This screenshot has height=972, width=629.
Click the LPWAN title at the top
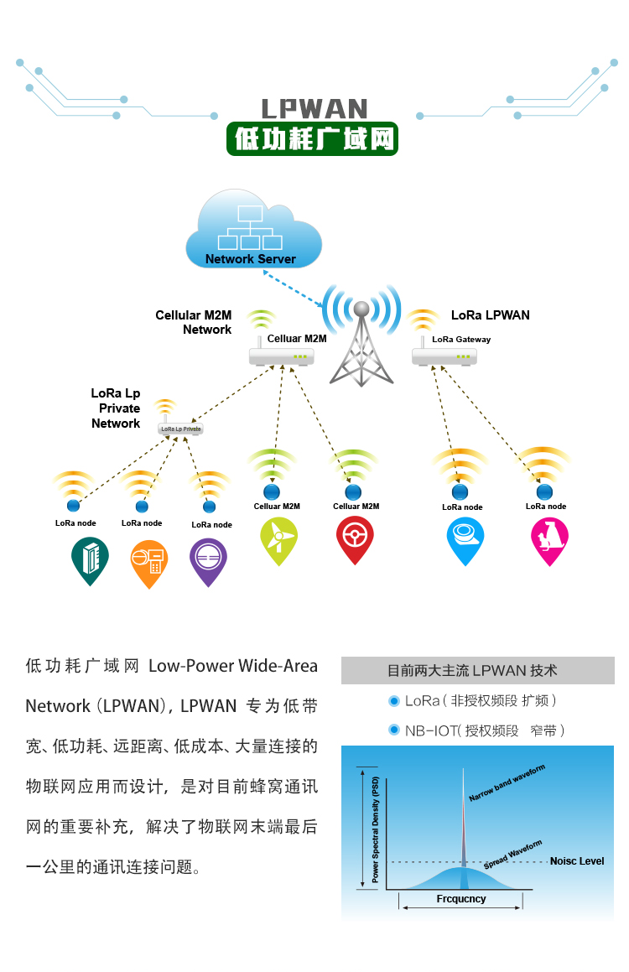(314, 109)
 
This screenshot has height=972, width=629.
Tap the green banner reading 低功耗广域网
(312, 139)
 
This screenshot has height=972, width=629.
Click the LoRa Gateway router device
(444, 356)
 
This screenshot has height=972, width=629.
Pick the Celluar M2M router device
(282, 356)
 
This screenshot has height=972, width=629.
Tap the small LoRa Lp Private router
(180, 429)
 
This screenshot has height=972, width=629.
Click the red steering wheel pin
(355, 538)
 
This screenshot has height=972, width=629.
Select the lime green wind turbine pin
(278, 538)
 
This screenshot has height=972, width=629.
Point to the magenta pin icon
(549, 538)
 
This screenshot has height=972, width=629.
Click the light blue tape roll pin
(465, 538)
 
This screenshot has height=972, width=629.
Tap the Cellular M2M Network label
(194, 322)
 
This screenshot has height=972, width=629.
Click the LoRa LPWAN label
(491, 315)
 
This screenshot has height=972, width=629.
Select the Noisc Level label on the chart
(577, 861)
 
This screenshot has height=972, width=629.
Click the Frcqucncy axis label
(461, 899)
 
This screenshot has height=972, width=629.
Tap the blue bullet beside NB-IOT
(393, 730)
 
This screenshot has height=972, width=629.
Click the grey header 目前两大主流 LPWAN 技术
(477, 671)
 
